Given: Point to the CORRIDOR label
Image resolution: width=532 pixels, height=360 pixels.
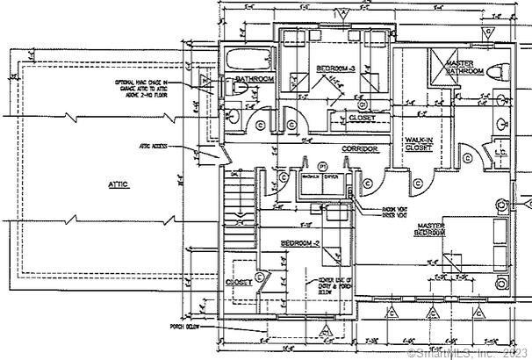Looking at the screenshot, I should click(x=360, y=149).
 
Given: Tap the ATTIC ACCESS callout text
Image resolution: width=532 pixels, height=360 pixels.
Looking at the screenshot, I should click(x=153, y=146).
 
